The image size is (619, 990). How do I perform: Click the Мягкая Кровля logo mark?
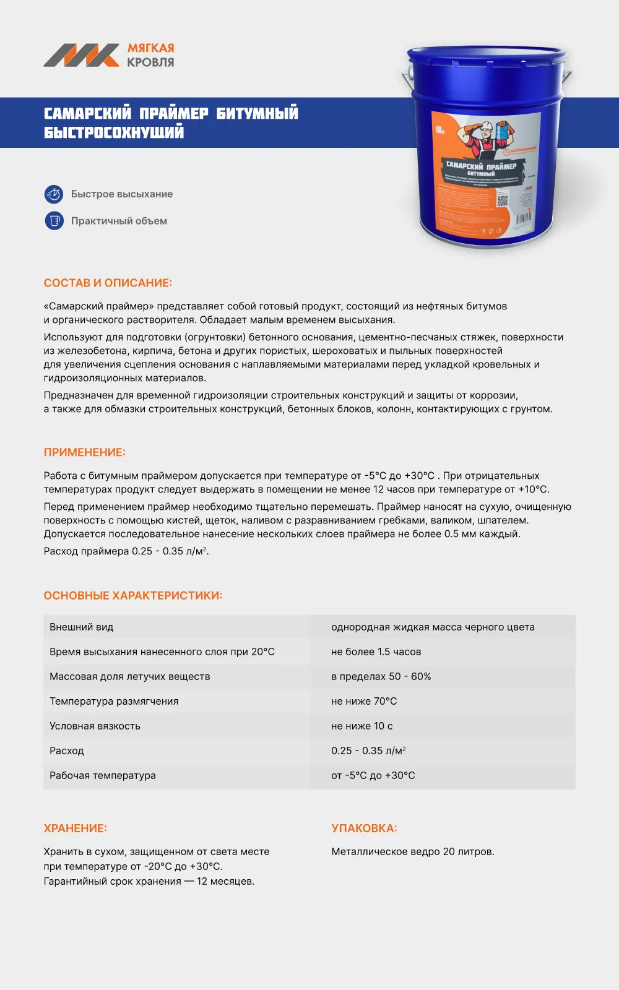point(81,55)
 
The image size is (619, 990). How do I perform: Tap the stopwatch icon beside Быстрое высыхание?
point(54,194)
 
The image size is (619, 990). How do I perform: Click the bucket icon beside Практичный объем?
point(54,221)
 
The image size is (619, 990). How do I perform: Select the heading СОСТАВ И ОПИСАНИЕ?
point(108,283)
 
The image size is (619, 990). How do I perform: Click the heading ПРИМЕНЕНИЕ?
point(84,453)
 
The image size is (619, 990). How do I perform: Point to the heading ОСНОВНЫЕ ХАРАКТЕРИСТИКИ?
point(132,596)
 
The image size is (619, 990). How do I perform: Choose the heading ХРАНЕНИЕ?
point(75,829)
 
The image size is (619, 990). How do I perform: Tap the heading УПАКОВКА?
point(364,829)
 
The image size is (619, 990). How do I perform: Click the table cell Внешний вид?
point(82,627)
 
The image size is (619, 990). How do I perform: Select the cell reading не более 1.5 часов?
point(376,652)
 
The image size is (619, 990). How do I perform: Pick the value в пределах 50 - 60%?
point(381,677)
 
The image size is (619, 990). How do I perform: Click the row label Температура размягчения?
point(114,702)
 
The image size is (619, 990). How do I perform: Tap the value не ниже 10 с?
point(361,726)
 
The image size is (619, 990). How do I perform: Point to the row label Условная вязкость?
point(95,726)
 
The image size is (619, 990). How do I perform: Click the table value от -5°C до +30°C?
point(373,776)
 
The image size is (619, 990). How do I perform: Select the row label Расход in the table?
point(67,751)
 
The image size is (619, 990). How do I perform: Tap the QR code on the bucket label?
point(502,200)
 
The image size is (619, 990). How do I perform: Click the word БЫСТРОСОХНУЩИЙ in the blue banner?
point(114,132)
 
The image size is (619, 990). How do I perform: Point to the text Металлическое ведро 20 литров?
point(413,852)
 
